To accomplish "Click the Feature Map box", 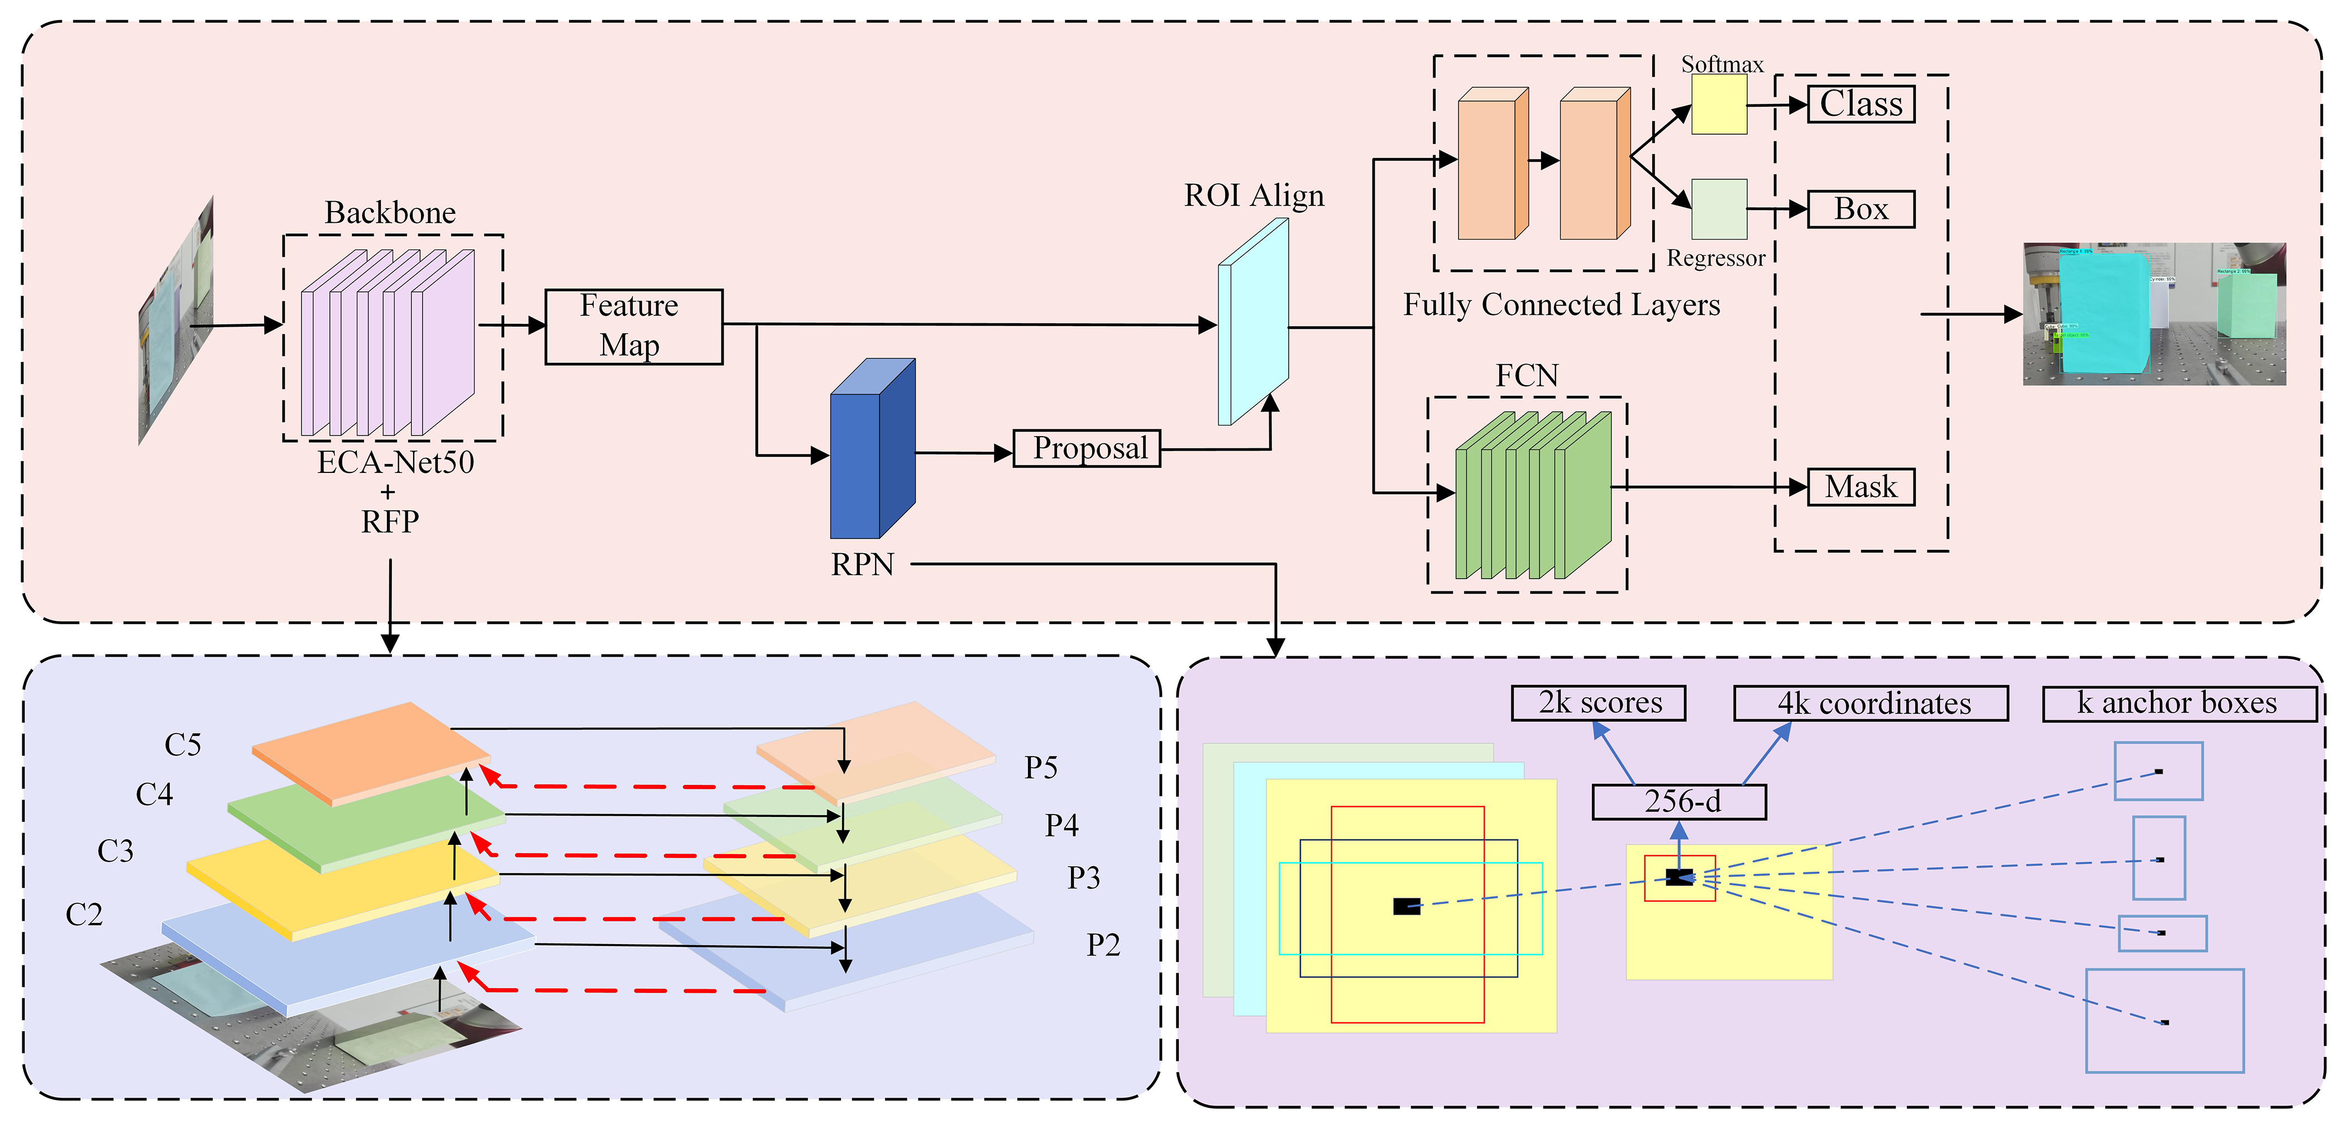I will [634, 326].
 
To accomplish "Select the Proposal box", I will [1087, 448].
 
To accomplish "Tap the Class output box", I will [1861, 104].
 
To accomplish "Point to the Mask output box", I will [1861, 486].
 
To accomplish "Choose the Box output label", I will [1861, 209].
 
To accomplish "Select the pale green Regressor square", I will [1719, 209].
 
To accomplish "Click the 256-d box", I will [1679, 802].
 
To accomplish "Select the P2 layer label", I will [1103, 945].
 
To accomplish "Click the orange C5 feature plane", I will [369, 749].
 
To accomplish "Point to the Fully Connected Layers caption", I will [1561, 304].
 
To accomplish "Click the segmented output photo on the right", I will [2154, 313].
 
